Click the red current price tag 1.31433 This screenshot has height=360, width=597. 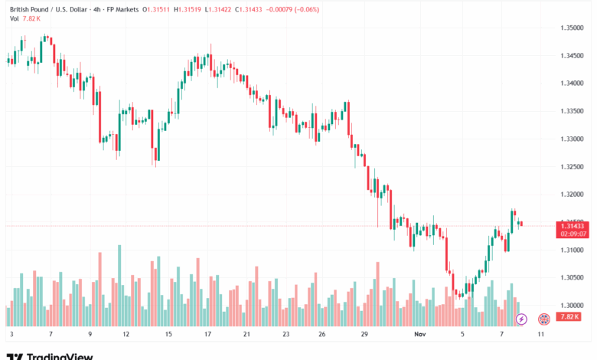point(573,225)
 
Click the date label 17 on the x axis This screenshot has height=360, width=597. point(208,335)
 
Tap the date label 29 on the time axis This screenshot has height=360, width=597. point(366,335)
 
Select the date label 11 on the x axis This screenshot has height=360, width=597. point(541,335)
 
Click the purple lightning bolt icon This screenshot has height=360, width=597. point(522,318)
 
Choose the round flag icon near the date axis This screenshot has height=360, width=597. point(544,318)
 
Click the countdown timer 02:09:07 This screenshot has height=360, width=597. point(573,234)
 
